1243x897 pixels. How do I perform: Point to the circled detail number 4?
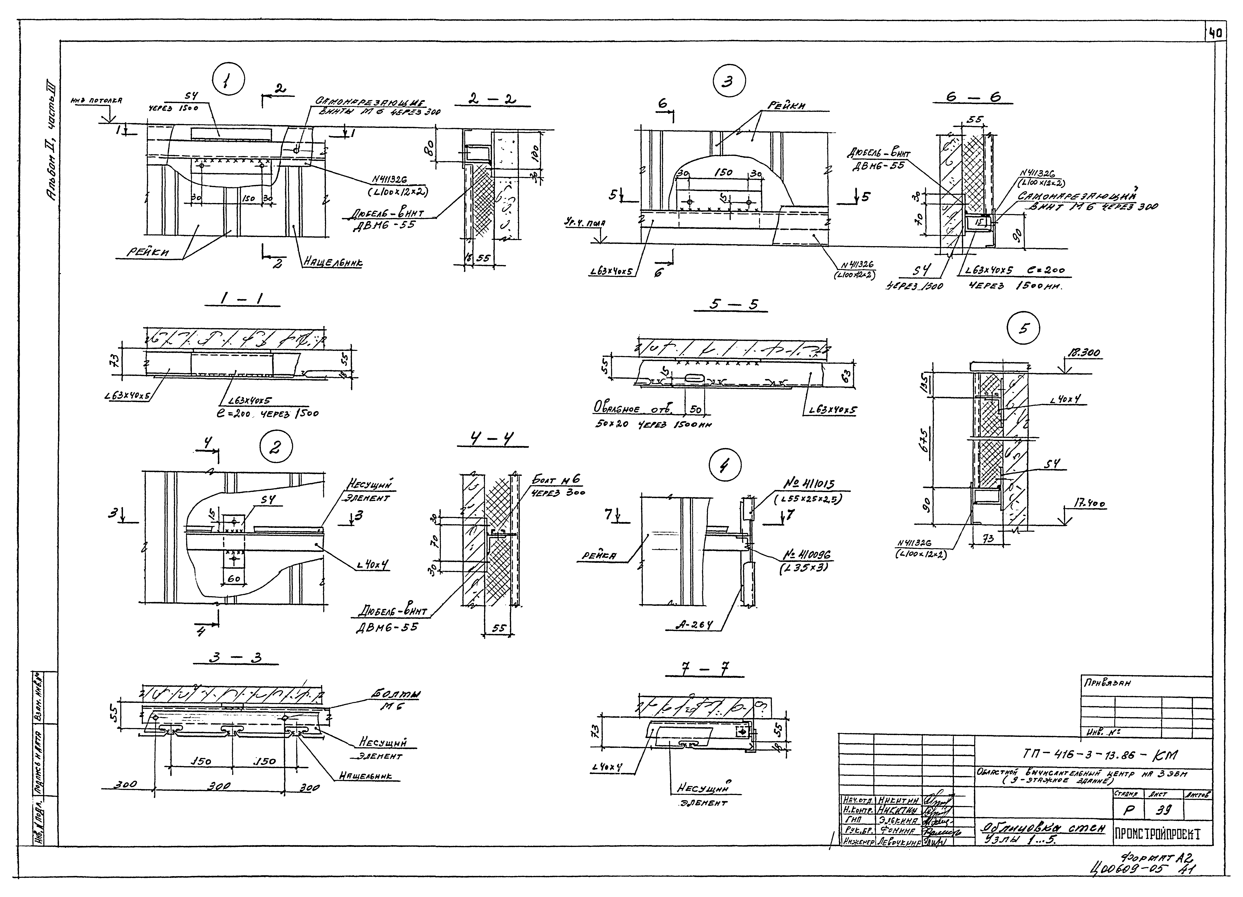pyautogui.click(x=725, y=466)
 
